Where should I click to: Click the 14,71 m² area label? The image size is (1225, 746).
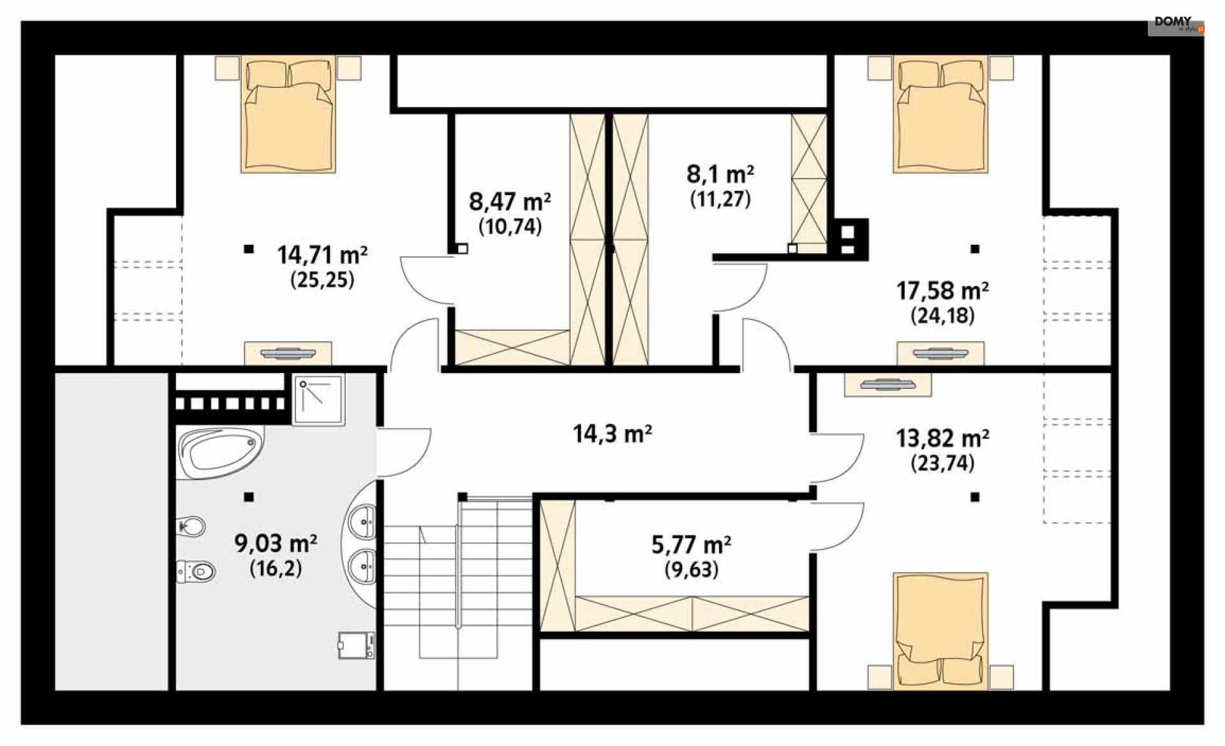point(322,256)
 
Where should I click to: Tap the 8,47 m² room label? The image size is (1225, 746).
point(510,202)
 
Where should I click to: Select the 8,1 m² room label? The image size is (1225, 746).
point(720,174)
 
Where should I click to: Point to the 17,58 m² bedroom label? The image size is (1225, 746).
point(942,291)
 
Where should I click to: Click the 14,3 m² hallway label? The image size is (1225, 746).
point(612,434)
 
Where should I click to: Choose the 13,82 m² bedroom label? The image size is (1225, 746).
point(942,439)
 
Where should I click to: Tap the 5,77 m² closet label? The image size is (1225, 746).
point(691,545)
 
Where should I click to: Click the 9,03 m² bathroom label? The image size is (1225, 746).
point(276,543)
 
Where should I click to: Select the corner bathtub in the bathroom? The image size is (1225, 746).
point(220,452)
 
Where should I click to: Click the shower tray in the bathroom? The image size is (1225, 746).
point(318,400)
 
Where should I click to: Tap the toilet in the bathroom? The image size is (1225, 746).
point(196,571)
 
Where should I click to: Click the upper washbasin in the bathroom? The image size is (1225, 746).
point(364,522)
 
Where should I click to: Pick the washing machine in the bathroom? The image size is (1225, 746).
point(356,645)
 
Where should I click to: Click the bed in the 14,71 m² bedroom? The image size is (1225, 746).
point(288,115)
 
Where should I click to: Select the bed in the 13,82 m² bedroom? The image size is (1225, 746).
point(940,631)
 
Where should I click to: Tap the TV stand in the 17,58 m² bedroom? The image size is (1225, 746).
point(940,353)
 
